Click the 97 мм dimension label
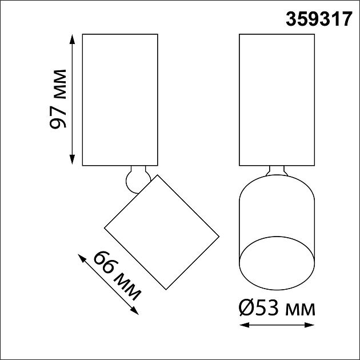[58, 99]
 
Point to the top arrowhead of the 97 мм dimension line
[72, 37]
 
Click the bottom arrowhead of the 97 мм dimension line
[72, 162]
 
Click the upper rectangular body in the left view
[120, 99]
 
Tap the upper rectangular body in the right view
[277, 99]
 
